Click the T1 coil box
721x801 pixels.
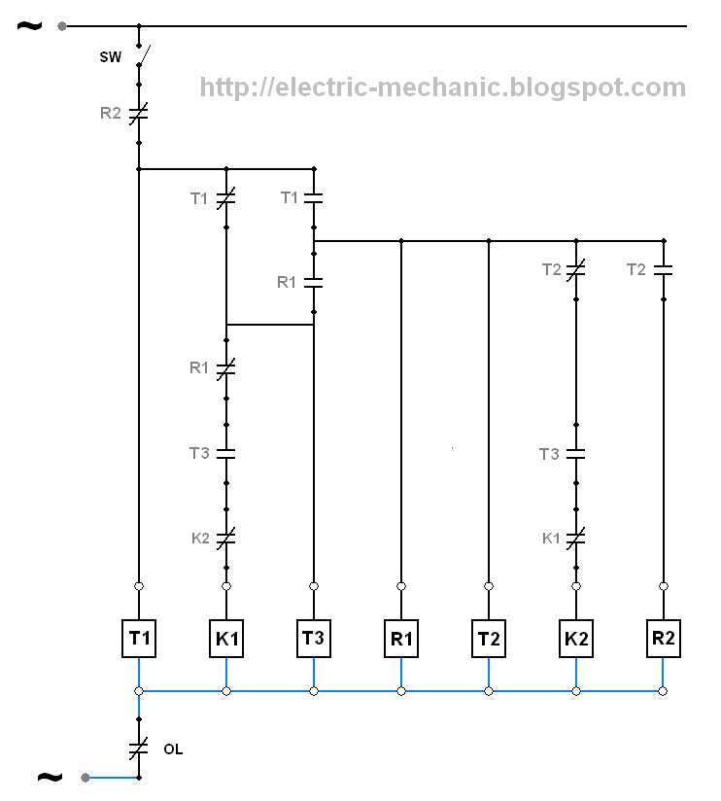pos(139,639)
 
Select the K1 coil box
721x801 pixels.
pos(226,639)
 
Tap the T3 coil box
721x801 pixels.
pos(314,639)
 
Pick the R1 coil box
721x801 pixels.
pos(401,639)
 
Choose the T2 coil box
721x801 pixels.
pos(489,639)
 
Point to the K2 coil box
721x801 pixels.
pos(576,639)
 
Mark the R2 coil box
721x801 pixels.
pos(664,639)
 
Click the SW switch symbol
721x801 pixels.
pos(142,55)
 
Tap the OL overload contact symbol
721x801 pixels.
pos(138,749)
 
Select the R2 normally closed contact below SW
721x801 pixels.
pos(138,114)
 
